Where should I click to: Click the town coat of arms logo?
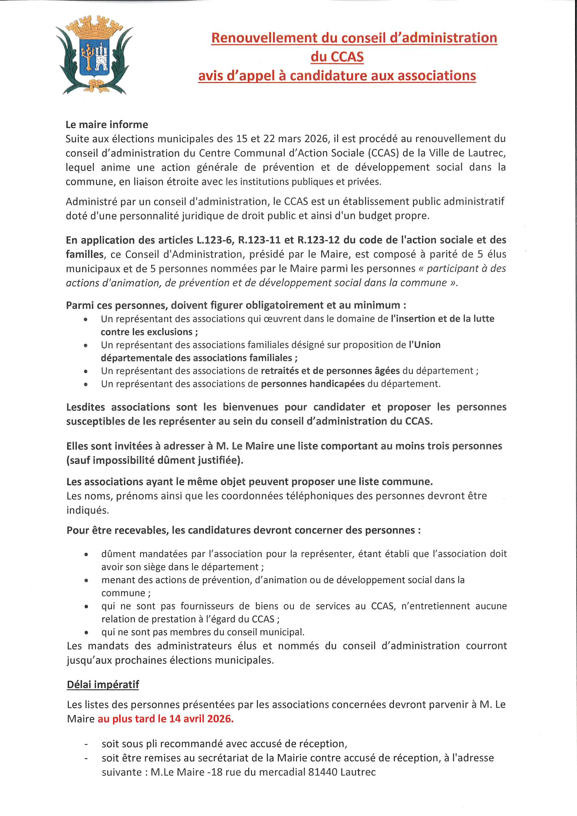tap(94, 55)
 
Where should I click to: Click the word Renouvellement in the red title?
tap(264, 38)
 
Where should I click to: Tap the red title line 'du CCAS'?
tap(337, 57)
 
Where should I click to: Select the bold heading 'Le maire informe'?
tap(107, 124)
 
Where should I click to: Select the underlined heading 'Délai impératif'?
tap(103, 684)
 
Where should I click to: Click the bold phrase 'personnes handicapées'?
tap(313, 384)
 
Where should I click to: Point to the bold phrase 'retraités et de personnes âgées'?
tap(330, 371)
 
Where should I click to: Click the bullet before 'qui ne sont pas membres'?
tap(86, 633)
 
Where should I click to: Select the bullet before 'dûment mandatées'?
tap(86, 555)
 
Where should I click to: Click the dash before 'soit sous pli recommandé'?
tap(86, 744)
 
